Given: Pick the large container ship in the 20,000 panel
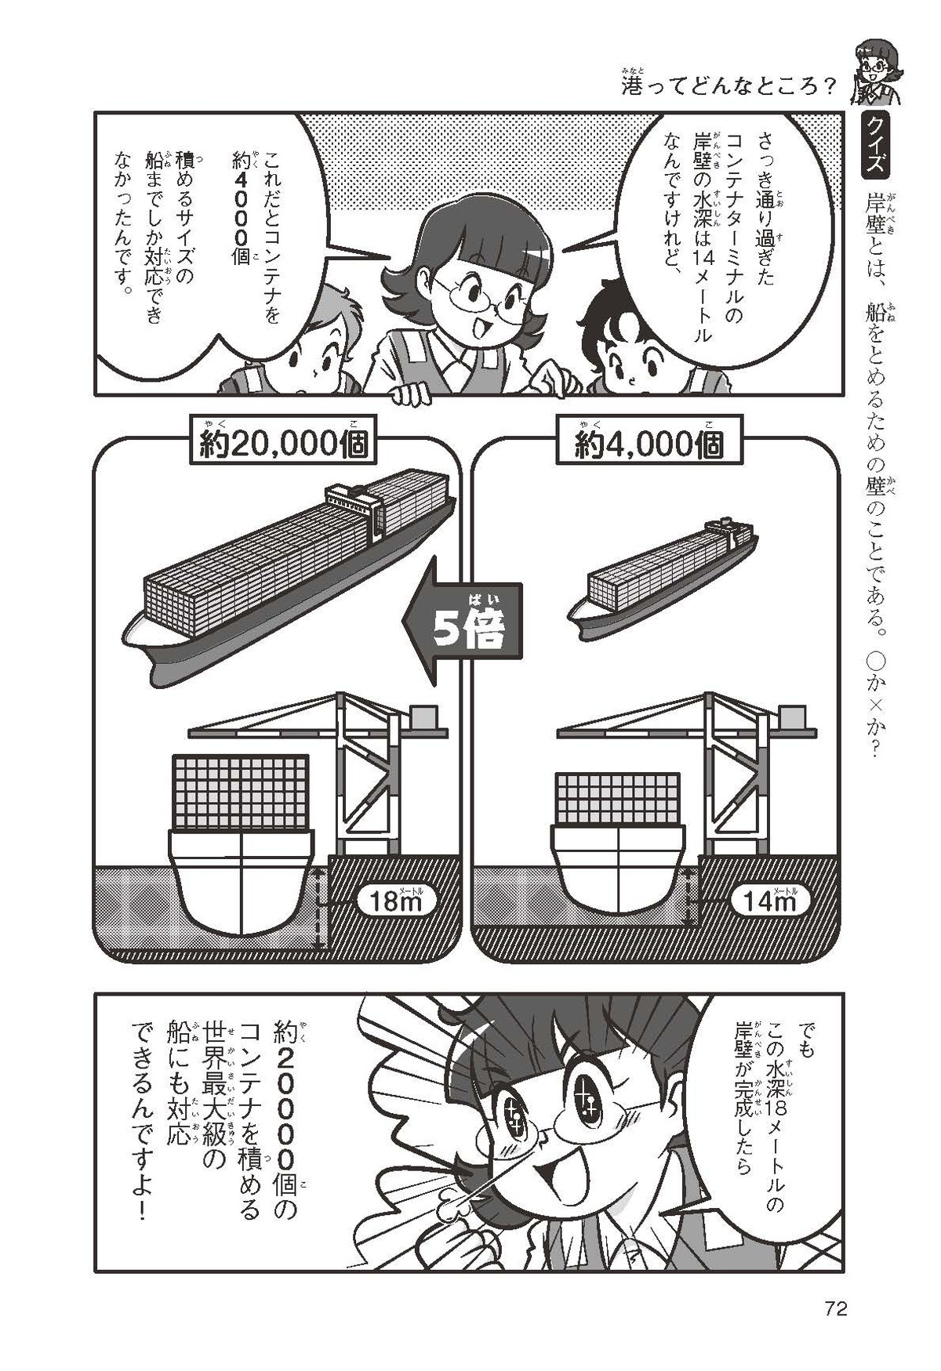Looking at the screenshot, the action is tap(291, 573).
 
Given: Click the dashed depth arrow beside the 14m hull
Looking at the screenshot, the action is tap(690, 895).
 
